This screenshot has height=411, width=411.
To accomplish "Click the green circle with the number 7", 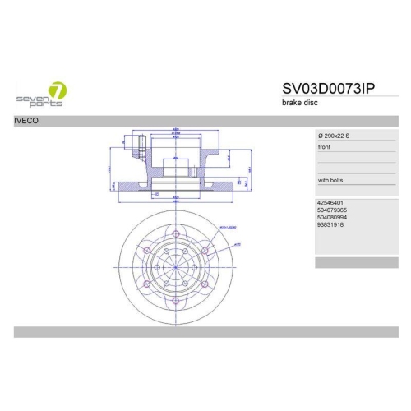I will tap(58, 90).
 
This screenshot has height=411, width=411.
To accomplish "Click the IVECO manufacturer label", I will tap(27, 121).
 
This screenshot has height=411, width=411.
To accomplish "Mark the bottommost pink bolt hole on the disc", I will tap(176, 301).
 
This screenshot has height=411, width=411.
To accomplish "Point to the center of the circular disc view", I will tap(176, 268).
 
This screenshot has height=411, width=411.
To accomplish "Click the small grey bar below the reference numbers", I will tap(345, 262).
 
